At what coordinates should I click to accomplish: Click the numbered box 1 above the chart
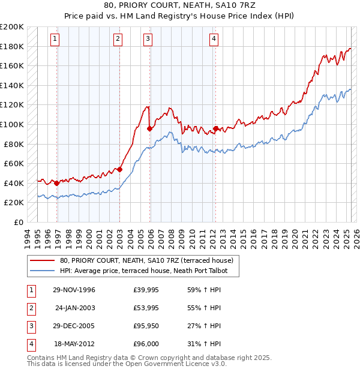[55, 39]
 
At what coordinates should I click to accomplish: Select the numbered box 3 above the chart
[148, 39]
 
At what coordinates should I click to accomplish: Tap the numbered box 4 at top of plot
[214, 39]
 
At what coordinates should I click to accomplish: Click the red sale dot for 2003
[119, 169]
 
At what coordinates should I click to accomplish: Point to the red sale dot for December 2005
[149, 128]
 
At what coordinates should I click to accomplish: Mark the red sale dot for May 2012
[215, 128]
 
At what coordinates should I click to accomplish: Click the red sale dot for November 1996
[56, 183]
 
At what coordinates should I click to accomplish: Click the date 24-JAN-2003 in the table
[74, 308]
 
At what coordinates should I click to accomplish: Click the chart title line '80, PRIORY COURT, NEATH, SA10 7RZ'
[180, 7]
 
